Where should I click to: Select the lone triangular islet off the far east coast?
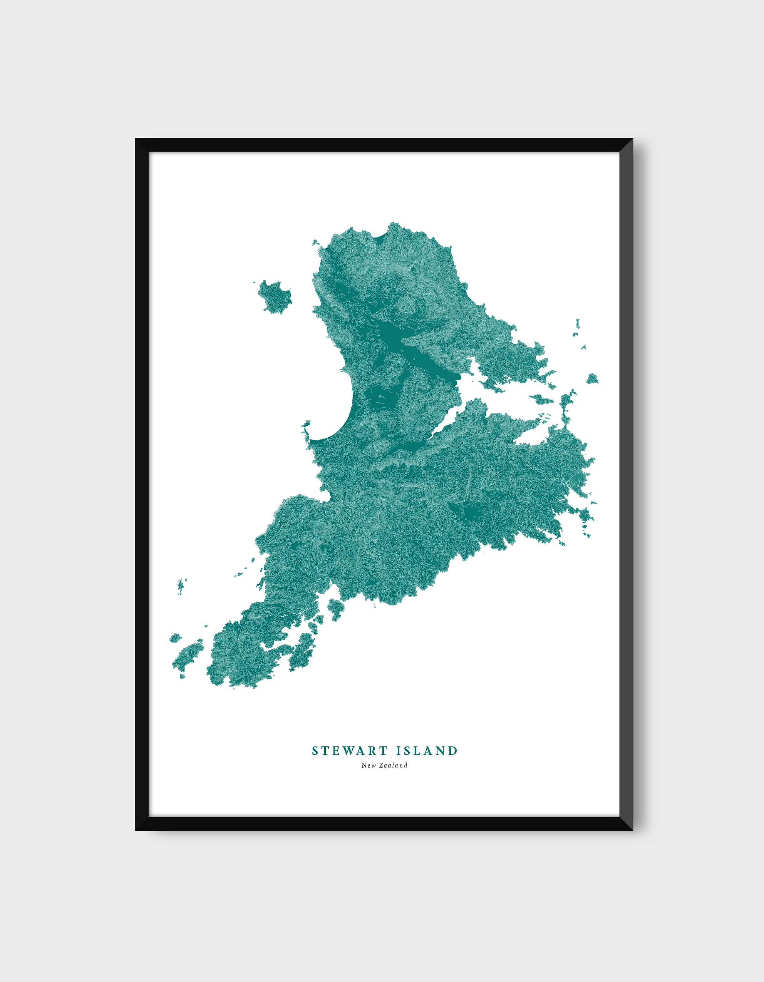[x=592, y=378]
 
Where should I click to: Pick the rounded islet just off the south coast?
[x=335, y=607]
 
